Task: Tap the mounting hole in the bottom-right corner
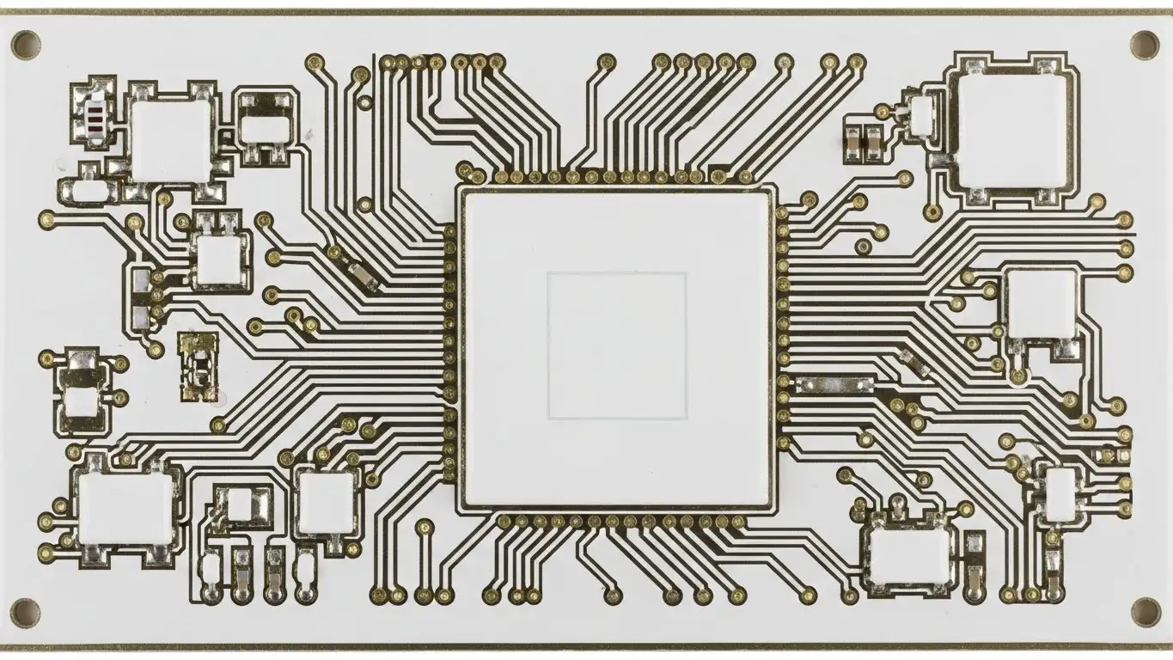[x=1145, y=611]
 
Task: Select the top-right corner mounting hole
[x=1145, y=43]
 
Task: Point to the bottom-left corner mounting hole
[x=24, y=612]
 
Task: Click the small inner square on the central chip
[x=616, y=345]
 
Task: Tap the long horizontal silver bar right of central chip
[x=834, y=384]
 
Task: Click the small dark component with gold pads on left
[x=199, y=367]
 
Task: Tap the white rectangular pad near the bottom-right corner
[x=909, y=554]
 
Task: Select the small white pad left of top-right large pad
[x=921, y=117]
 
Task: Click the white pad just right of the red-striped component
[x=171, y=135]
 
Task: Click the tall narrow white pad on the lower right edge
[x=1061, y=494]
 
